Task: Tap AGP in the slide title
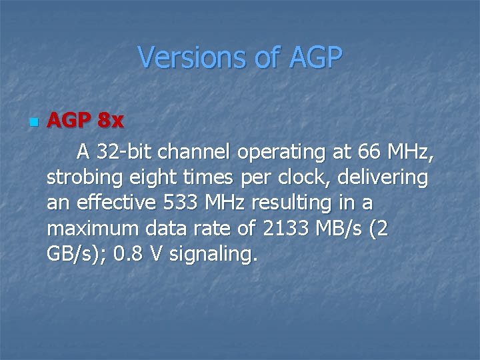coord(315,57)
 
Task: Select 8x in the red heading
coord(110,121)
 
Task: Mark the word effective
coord(113,203)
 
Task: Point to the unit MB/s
coord(342,229)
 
